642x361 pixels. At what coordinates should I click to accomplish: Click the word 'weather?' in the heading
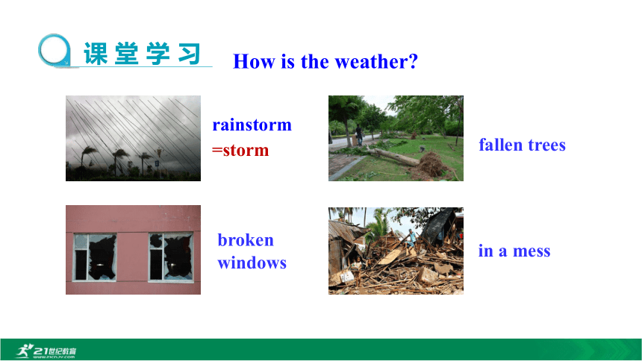(376, 62)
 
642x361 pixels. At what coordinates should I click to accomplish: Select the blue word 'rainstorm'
(252, 125)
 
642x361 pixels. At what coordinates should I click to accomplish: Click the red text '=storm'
(240, 150)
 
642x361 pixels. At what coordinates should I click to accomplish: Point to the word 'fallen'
(500, 145)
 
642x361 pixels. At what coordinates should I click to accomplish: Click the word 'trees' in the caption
(546, 145)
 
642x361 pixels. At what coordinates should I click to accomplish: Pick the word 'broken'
(246, 240)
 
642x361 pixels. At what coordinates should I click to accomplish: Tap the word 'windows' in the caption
(252, 263)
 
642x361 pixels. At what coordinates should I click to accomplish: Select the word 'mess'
(532, 251)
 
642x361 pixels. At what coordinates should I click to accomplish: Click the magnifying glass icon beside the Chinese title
(54, 50)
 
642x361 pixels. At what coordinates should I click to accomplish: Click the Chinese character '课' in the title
(96, 54)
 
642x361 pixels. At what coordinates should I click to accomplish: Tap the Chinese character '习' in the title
(190, 54)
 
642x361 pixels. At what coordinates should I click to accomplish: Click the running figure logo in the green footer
(25, 351)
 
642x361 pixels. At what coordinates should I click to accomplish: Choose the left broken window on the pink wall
(95, 257)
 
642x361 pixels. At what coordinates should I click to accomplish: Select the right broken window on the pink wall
(171, 257)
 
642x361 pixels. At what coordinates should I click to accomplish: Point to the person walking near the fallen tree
(359, 135)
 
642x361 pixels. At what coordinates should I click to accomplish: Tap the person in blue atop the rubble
(411, 238)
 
